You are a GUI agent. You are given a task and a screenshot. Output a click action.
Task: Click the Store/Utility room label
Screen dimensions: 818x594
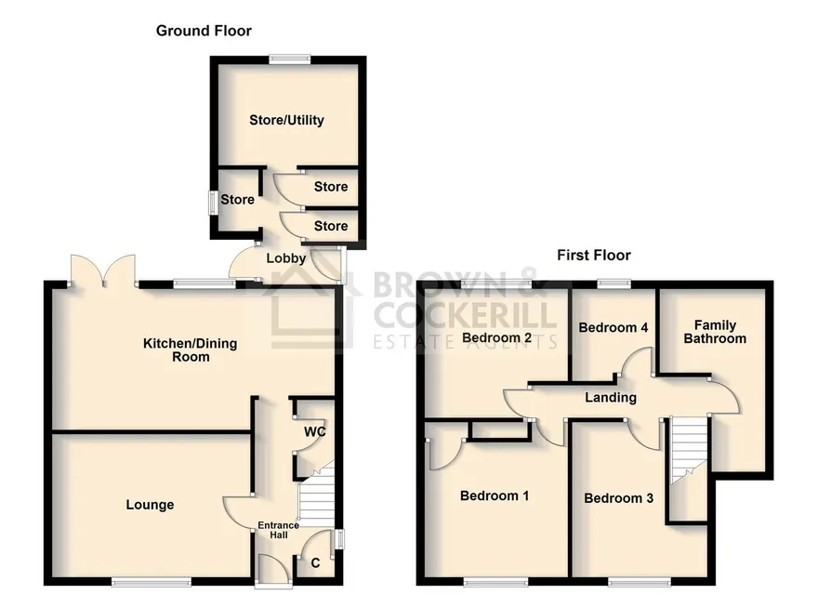286,121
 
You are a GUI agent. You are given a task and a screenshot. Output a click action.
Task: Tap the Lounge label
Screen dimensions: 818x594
150,505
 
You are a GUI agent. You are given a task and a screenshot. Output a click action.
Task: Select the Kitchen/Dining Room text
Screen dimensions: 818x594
191,350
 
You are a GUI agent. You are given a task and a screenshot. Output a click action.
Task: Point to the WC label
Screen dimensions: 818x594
315,431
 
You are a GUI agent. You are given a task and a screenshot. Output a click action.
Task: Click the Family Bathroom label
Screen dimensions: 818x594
715,332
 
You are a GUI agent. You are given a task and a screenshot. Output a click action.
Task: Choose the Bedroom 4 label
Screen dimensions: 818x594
613,327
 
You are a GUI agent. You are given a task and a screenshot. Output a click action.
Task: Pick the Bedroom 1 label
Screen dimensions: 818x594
494,495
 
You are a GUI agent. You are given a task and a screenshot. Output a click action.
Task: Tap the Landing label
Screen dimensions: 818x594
611,398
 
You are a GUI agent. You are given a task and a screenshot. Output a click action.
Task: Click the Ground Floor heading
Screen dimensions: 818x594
204,31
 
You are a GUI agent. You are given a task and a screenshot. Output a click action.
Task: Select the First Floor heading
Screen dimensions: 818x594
594,255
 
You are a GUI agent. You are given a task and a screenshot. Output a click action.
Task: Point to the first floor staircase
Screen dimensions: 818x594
689,450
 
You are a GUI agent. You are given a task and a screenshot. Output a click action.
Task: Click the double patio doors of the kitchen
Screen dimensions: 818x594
103,271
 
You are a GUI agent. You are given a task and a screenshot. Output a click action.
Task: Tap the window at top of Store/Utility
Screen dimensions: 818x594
289,60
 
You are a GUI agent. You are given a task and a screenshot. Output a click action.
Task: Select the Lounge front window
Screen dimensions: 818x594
152,581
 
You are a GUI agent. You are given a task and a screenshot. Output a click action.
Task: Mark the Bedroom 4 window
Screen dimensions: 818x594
613,284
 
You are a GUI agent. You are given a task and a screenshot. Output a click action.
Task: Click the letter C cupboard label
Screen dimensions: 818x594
315,563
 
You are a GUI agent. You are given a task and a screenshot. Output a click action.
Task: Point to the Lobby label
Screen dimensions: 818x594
286,258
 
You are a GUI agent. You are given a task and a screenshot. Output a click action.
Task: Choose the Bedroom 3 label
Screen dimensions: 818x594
618,498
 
